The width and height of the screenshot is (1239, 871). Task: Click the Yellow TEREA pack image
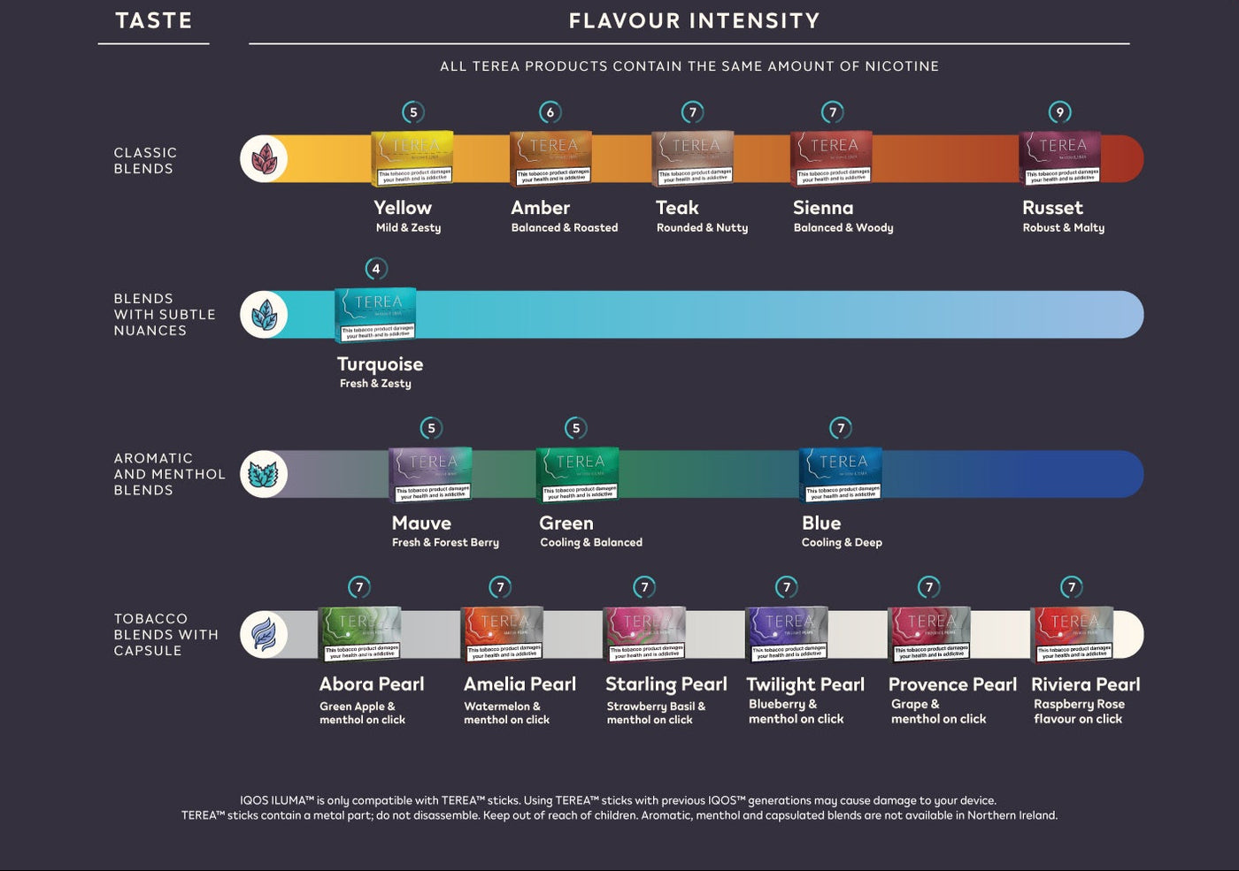pos(412,158)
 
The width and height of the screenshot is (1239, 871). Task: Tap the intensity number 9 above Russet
pos(1059,112)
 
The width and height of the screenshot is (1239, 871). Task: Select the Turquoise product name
pos(380,364)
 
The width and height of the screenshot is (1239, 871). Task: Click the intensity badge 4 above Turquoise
pos(376,269)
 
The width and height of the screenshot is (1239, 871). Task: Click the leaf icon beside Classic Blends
pos(264,159)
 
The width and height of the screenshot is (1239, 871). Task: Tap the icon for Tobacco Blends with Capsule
pos(264,635)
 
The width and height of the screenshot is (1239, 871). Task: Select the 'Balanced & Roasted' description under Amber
pos(564,228)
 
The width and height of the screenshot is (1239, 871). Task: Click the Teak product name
pos(677,208)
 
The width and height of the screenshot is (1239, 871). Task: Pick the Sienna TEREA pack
pos(831,158)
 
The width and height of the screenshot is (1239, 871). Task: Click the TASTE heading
pos(154,20)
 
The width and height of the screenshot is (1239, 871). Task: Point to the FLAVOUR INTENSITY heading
pos(694,20)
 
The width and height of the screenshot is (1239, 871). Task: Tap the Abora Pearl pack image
pos(359,634)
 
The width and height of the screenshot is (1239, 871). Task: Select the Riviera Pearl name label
pos(1085,684)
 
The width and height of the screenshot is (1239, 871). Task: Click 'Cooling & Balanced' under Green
pos(591,543)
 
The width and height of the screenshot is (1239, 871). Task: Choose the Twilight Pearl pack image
pos(787,634)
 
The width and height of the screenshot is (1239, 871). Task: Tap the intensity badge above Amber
pos(550,112)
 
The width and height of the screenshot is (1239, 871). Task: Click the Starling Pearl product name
pos(666,684)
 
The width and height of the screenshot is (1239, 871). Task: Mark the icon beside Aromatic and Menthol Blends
pos(264,475)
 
